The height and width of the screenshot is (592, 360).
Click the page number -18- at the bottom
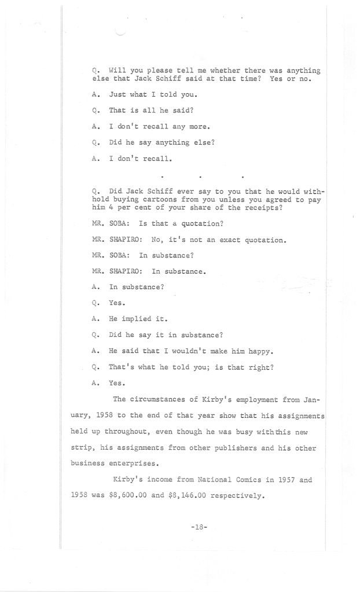199,528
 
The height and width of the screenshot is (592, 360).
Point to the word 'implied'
137,318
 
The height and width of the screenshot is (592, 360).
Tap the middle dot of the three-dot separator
200,175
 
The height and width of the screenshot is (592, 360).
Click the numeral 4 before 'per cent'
110,208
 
